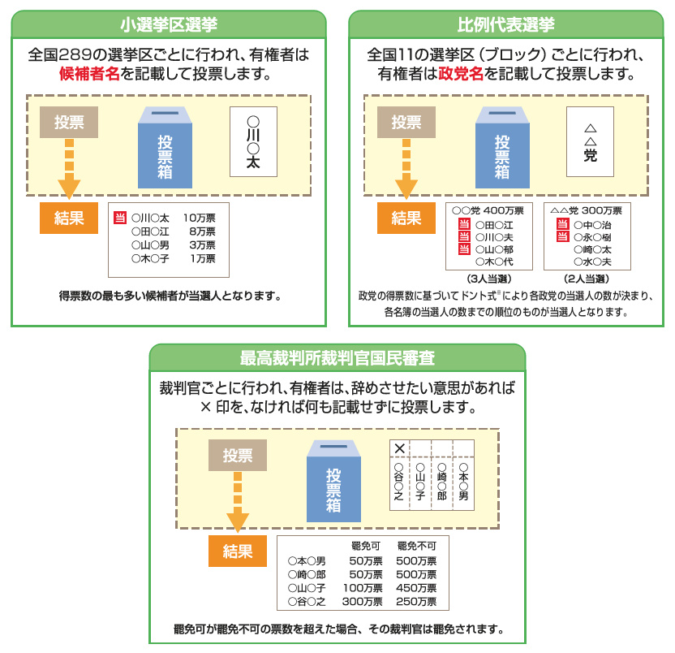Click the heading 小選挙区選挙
click(x=169, y=24)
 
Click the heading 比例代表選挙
click(x=505, y=24)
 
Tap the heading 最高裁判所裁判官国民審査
click(x=337, y=357)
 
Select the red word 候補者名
click(x=89, y=74)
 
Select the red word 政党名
click(x=461, y=74)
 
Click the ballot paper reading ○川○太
click(x=253, y=142)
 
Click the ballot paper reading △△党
click(x=590, y=142)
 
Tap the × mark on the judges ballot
click(x=399, y=448)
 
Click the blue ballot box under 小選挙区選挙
click(x=165, y=147)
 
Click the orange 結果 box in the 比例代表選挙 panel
click(x=406, y=218)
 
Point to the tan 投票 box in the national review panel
click(x=238, y=455)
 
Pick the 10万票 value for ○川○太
click(x=199, y=218)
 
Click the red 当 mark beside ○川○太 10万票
click(x=120, y=218)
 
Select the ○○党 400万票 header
click(x=488, y=210)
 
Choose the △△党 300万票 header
click(x=587, y=210)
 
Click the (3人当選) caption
click(x=489, y=279)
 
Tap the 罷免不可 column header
click(x=416, y=546)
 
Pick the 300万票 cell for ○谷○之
click(x=362, y=601)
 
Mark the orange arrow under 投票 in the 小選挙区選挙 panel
click(x=69, y=169)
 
